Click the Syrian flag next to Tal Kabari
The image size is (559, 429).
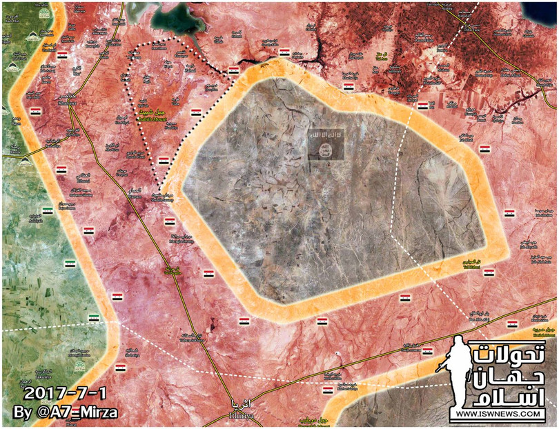pyautogui.click(x=208, y=275)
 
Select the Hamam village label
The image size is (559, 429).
pyautogui.click(x=136, y=195)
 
